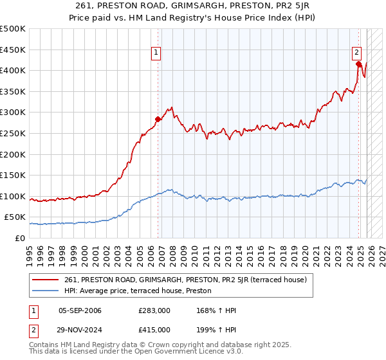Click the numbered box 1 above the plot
tap(156, 53)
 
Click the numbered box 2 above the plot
tap(356, 53)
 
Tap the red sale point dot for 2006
tap(158, 119)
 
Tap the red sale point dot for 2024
tap(359, 64)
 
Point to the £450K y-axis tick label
tap(12, 50)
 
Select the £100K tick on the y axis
tap(12, 196)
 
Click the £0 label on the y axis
tap(19, 238)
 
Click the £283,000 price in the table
tap(154, 310)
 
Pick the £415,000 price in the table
tap(154, 330)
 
